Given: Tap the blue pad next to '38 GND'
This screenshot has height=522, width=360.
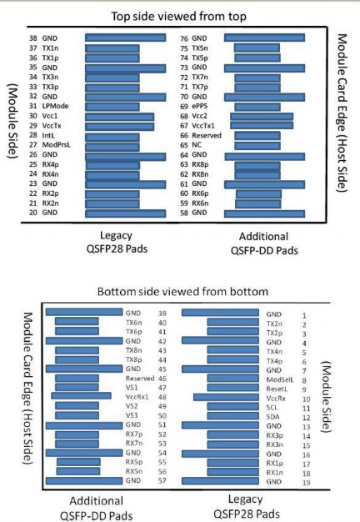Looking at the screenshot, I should tap(125, 38).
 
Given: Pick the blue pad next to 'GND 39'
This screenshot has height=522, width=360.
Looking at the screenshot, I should tap(83, 313).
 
